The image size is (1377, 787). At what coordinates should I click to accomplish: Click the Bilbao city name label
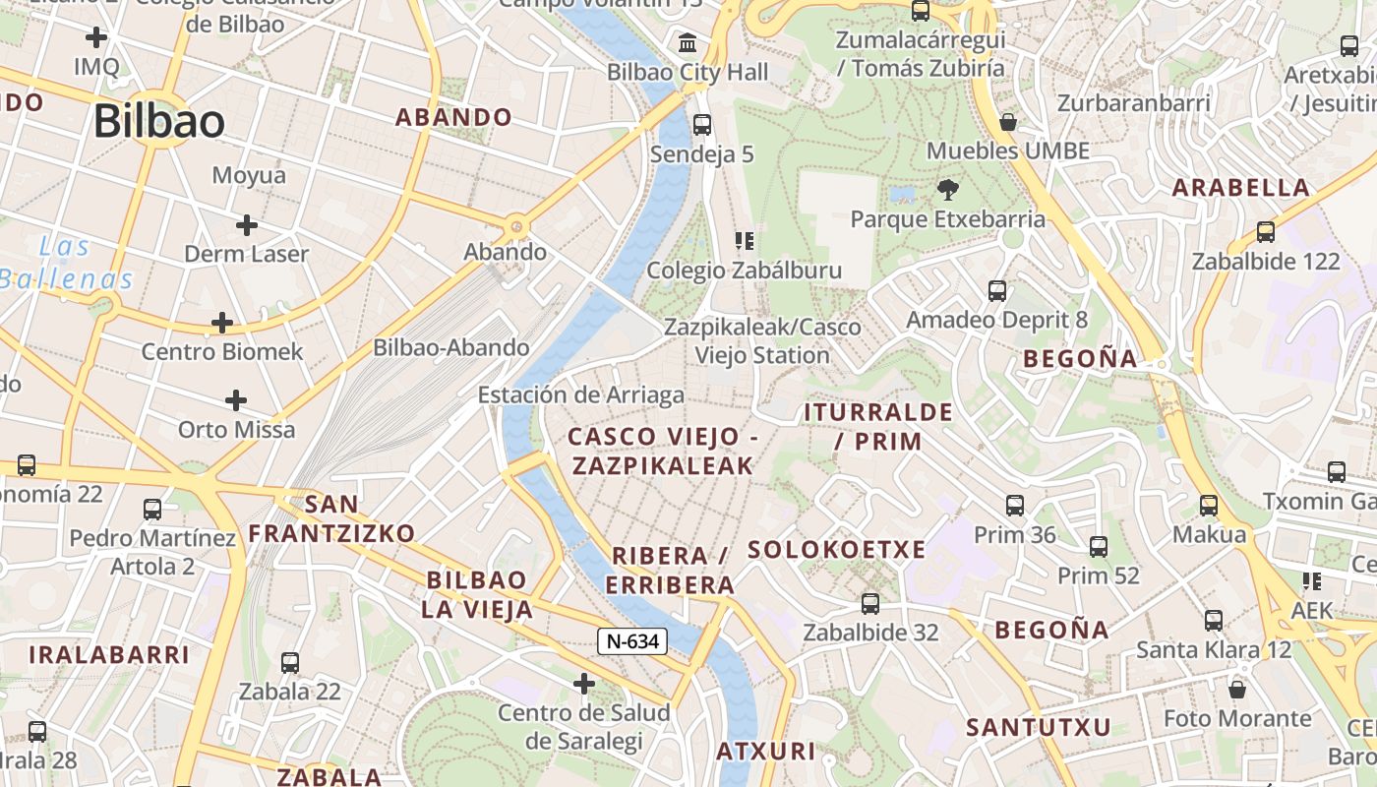click(159, 121)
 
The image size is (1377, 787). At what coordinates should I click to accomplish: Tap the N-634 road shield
click(632, 641)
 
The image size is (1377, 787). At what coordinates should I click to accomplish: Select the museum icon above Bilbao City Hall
click(688, 43)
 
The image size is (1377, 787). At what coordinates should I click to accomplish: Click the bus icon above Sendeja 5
click(701, 125)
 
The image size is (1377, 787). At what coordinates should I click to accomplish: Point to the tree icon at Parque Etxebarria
click(948, 189)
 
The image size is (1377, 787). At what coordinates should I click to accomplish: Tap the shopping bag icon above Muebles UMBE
click(1008, 122)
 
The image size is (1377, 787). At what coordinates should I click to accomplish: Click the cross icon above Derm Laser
click(246, 225)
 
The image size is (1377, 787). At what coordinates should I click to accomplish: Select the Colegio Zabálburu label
click(744, 271)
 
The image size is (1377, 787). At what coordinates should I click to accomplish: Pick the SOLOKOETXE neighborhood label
click(836, 550)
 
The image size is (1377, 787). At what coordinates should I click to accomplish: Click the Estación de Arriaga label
click(580, 395)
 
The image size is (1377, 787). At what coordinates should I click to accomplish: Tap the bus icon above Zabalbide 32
click(870, 604)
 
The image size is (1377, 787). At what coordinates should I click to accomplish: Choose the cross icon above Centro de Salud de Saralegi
click(584, 683)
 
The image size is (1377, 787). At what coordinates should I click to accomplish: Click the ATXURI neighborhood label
click(765, 752)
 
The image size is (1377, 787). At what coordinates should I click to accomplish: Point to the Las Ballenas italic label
click(67, 263)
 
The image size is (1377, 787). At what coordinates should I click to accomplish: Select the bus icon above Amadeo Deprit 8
click(997, 291)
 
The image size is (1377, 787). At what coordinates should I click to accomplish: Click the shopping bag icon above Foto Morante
click(1237, 690)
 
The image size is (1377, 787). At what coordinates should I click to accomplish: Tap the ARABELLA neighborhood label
click(1241, 188)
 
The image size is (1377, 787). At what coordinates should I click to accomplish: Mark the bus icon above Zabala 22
click(289, 663)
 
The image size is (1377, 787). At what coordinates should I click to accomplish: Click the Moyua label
click(249, 176)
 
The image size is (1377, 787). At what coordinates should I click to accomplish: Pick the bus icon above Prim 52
click(1099, 547)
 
